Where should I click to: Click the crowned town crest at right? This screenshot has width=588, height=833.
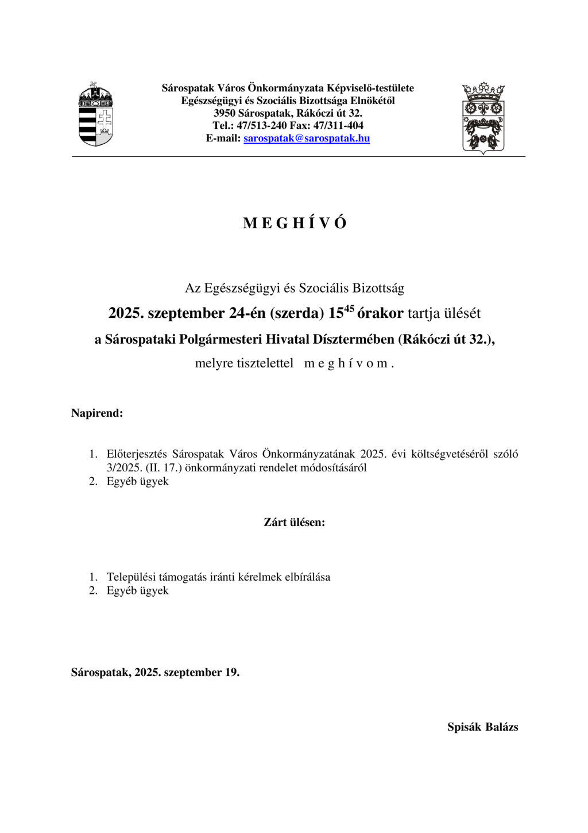click(483, 118)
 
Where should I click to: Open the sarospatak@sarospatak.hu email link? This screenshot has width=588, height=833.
click(307, 139)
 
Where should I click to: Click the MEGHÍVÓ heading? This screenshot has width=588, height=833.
click(295, 224)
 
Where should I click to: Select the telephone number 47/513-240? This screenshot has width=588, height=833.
click(261, 126)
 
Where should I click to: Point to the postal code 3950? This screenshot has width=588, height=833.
click(225, 113)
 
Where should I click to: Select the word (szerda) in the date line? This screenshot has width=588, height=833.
click(297, 314)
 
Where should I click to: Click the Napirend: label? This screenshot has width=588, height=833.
click(97, 413)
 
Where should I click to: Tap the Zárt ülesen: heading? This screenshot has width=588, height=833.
click(294, 523)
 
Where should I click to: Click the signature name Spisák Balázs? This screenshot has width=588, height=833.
click(482, 727)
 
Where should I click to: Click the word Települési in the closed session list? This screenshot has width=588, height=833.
click(130, 577)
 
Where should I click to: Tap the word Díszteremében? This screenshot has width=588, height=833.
click(352, 340)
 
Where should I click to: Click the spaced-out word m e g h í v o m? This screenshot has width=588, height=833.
click(349, 364)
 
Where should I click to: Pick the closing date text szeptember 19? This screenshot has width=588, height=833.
click(202, 673)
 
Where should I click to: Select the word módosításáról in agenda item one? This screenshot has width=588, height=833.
click(336, 468)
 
